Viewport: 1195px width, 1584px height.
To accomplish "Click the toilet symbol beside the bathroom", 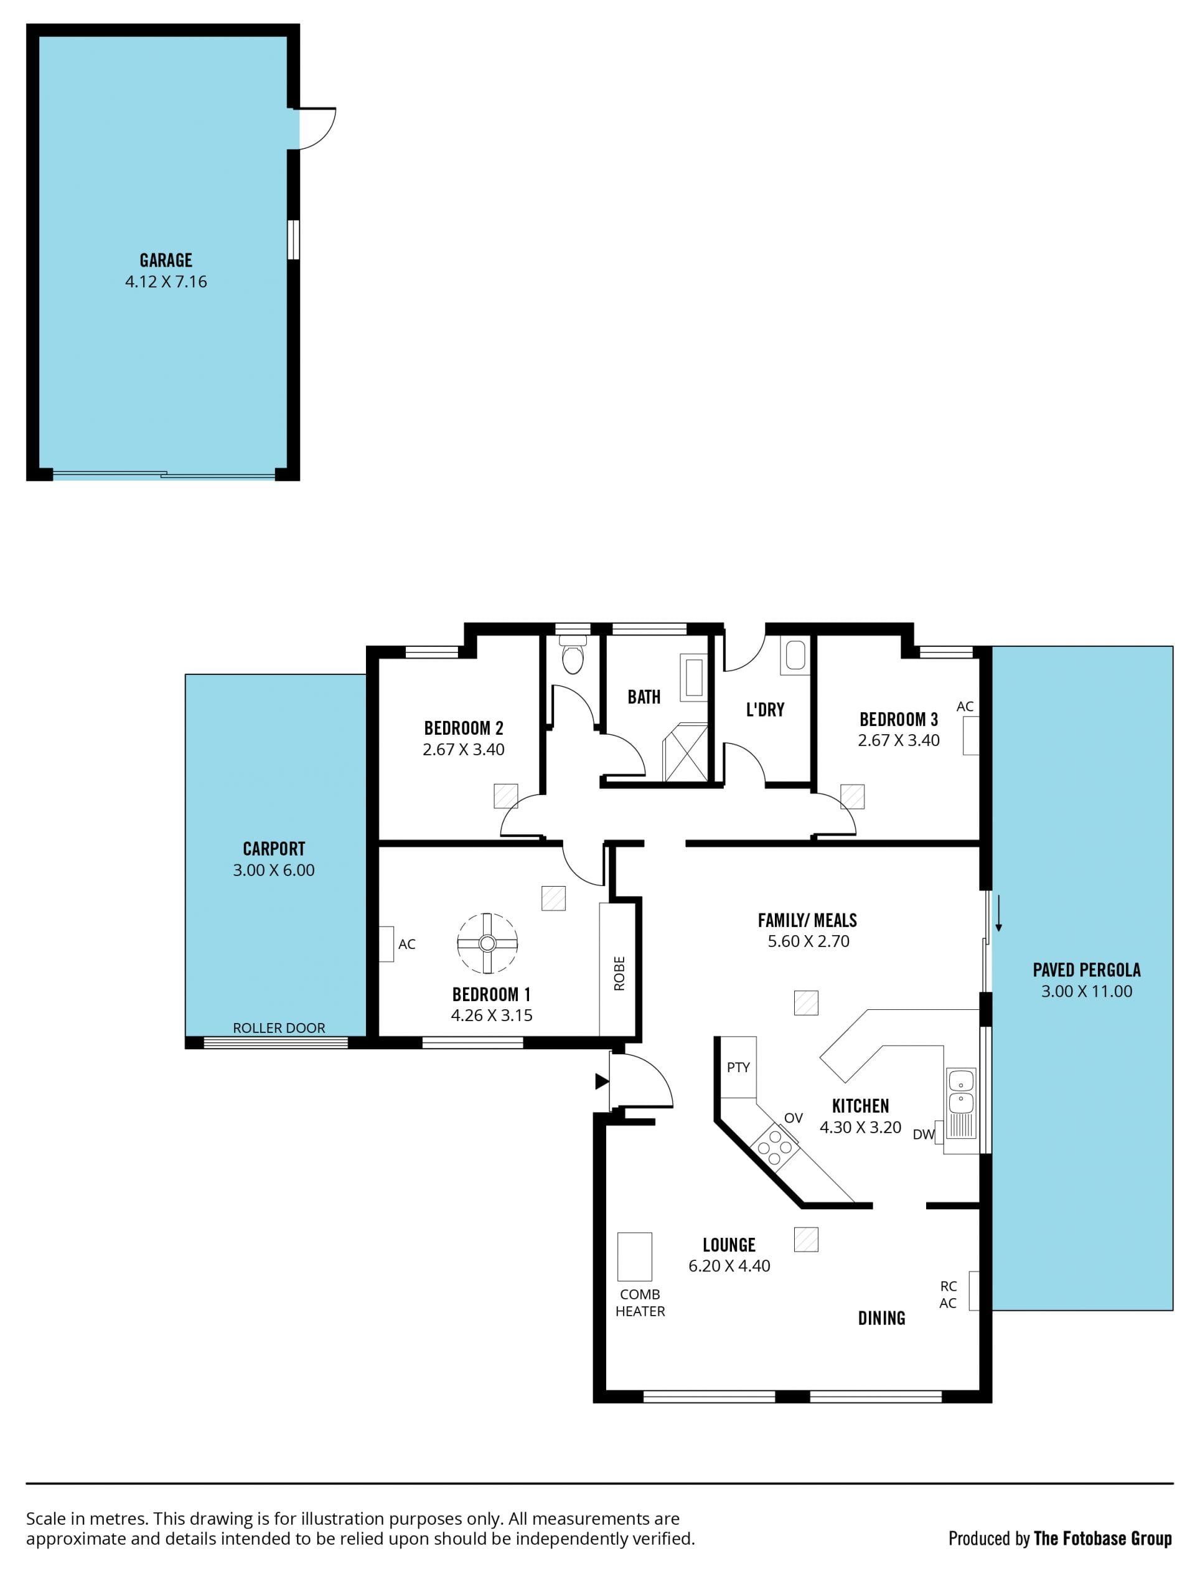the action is pyautogui.click(x=573, y=654).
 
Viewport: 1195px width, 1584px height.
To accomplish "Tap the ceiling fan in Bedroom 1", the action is pyautogui.click(x=487, y=943).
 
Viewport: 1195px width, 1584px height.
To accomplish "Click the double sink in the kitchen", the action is pyautogui.click(x=961, y=1103).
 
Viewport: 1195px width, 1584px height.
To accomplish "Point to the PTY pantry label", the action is pyautogui.click(x=738, y=1067).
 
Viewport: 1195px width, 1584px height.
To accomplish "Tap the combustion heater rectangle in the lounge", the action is pyautogui.click(x=634, y=1256).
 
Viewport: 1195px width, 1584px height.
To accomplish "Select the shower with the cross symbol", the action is pyautogui.click(x=685, y=753).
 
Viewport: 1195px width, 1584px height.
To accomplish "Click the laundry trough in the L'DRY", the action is pyautogui.click(x=795, y=654).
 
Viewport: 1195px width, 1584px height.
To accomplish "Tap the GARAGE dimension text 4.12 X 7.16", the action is pyautogui.click(x=166, y=281).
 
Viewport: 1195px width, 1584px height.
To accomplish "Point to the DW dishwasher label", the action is pyautogui.click(x=924, y=1134).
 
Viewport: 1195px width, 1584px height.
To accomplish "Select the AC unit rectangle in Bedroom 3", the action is pyautogui.click(x=970, y=735).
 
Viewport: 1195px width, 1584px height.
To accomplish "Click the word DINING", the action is pyautogui.click(x=881, y=1318).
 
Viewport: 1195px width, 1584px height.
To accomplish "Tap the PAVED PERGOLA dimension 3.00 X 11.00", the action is pyautogui.click(x=1086, y=991).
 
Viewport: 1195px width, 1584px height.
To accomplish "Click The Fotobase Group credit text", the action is pyautogui.click(x=1102, y=1538).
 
